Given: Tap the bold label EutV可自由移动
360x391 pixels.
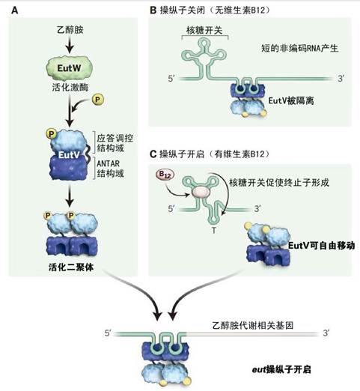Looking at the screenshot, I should (x=321, y=245).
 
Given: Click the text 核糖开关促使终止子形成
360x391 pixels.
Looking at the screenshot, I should (x=278, y=182).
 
